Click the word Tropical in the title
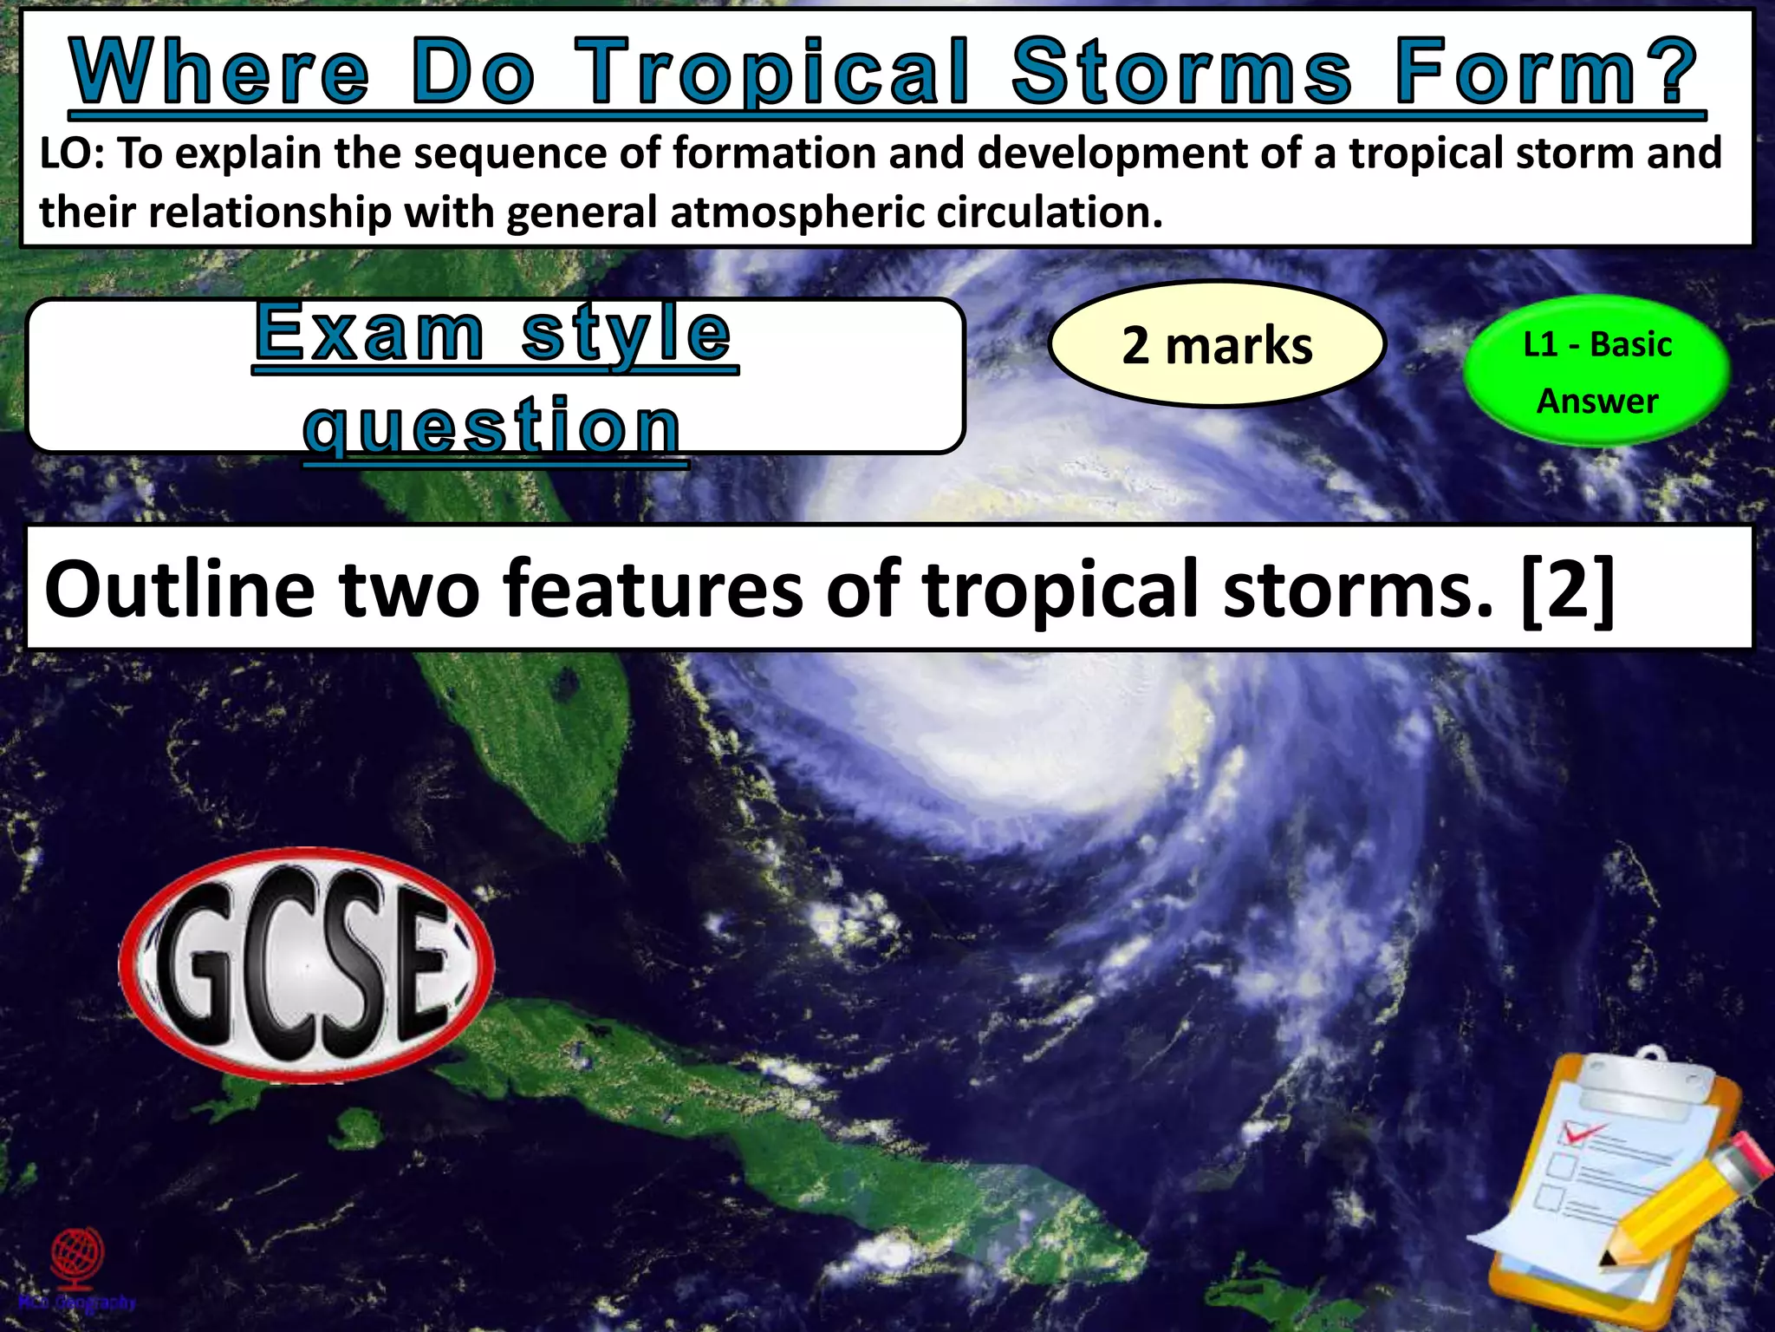pos(771,74)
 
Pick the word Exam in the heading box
pos(369,333)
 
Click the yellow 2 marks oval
pos(1217,345)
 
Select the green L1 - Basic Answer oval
pos(1596,372)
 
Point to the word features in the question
pos(653,590)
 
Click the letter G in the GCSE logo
pos(201,964)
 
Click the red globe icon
pos(77,1255)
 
